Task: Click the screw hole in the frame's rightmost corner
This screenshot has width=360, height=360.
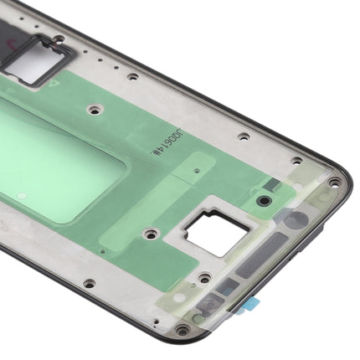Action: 335,182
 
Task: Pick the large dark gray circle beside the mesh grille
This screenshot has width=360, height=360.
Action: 296,220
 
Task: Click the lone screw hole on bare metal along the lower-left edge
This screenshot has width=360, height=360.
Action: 89,284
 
